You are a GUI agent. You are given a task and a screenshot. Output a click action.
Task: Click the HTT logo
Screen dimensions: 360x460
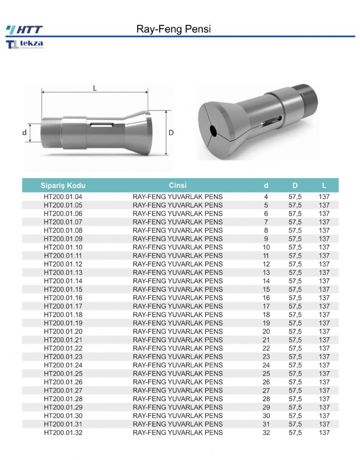(x=24, y=29)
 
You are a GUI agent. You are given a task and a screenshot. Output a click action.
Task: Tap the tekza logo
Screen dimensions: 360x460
(x=24, y=44)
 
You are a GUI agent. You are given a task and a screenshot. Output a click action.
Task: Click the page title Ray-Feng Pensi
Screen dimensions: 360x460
(x=174, y=29)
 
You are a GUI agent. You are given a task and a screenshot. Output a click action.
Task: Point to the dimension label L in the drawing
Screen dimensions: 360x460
(x=95, y=88)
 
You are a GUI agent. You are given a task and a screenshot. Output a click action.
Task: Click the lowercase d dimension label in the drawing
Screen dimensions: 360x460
(x=24, y=132)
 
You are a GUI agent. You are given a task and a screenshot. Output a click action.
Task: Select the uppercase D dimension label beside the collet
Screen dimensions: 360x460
(x=171, y=132)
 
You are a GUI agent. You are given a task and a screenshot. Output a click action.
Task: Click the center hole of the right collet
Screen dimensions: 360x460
(x=214, y=131)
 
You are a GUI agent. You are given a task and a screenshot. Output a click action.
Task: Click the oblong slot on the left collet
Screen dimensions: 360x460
(x=102, y=125)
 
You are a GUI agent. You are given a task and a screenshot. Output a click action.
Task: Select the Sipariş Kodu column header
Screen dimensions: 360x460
(x=63, y=185)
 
